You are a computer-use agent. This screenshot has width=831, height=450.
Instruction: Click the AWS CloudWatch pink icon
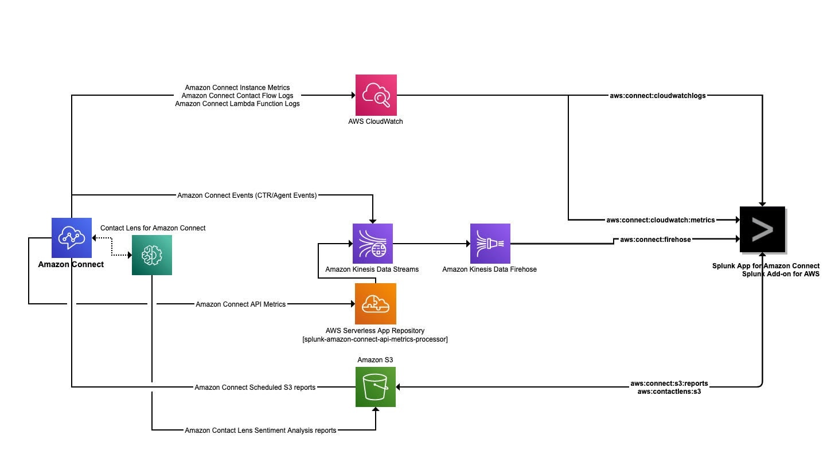click(376, 95)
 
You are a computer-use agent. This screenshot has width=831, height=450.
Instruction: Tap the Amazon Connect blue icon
click(72, 237)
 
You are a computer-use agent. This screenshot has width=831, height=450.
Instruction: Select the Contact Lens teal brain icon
click(152, 255)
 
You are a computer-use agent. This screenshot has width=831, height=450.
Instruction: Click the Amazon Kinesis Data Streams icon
click(373, 244)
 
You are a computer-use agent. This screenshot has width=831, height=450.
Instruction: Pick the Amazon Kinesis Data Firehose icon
click(490, 244)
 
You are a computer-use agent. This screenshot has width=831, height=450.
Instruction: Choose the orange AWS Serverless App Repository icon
click(375, 304)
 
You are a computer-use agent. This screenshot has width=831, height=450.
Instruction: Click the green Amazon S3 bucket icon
click(376, 387)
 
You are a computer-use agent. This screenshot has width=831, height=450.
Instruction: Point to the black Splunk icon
click(762, 229)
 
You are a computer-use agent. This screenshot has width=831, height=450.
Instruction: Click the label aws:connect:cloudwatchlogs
click(657, 96)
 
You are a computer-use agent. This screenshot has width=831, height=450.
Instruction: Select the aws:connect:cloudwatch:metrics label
click(661, 220)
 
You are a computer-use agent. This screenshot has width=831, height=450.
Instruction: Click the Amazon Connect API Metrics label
click(240, 304)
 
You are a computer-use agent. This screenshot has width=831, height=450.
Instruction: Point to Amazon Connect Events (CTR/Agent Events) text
click(247, 195)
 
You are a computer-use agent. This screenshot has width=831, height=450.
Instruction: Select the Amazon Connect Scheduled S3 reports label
click(255, 388)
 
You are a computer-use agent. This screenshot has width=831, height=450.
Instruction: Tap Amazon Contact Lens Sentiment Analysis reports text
click(260, 430)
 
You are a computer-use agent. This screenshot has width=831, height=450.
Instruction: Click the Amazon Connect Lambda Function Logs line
click(237, 104)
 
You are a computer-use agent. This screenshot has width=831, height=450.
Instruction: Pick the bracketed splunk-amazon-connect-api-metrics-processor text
click(374, 339)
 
